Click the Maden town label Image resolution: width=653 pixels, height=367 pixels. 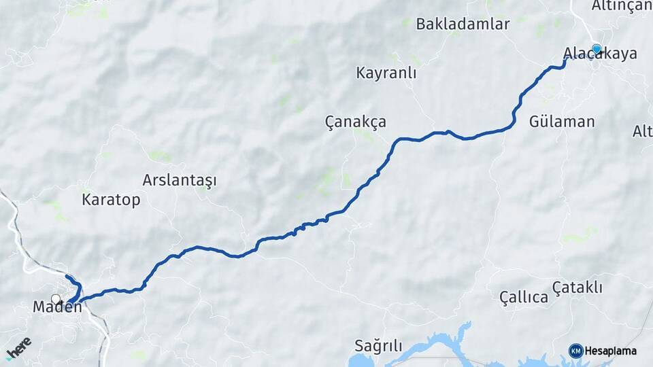(x=57, y=307)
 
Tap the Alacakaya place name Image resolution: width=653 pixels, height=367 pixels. (x=600, y=54)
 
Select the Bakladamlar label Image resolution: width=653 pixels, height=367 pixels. (x=463, y=24)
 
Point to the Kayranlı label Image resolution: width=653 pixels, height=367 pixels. (x=386, y=73)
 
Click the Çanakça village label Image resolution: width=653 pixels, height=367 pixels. (x=355, y=122)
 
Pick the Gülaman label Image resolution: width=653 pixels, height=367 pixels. (x=562, y=122)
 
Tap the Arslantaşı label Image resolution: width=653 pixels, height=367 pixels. (x=180, y=181)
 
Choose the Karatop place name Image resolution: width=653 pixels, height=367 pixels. (x=111, y=200)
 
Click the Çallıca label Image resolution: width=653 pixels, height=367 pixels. (x=524, y=297)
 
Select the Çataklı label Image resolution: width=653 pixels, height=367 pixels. (x=577, y=288)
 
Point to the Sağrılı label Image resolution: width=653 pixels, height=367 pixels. (x=378, y=345)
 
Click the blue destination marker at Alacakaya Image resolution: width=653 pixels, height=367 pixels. (x=597, y=49)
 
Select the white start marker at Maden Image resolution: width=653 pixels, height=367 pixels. (x=56, y=299)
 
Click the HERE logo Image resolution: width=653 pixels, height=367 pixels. (x=18, y=347)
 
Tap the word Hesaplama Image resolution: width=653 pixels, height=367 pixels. (x=610, y=351)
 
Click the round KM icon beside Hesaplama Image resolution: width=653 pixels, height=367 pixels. (x=575, y=351)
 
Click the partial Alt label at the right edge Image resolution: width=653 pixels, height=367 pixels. (x=642, y=131)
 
